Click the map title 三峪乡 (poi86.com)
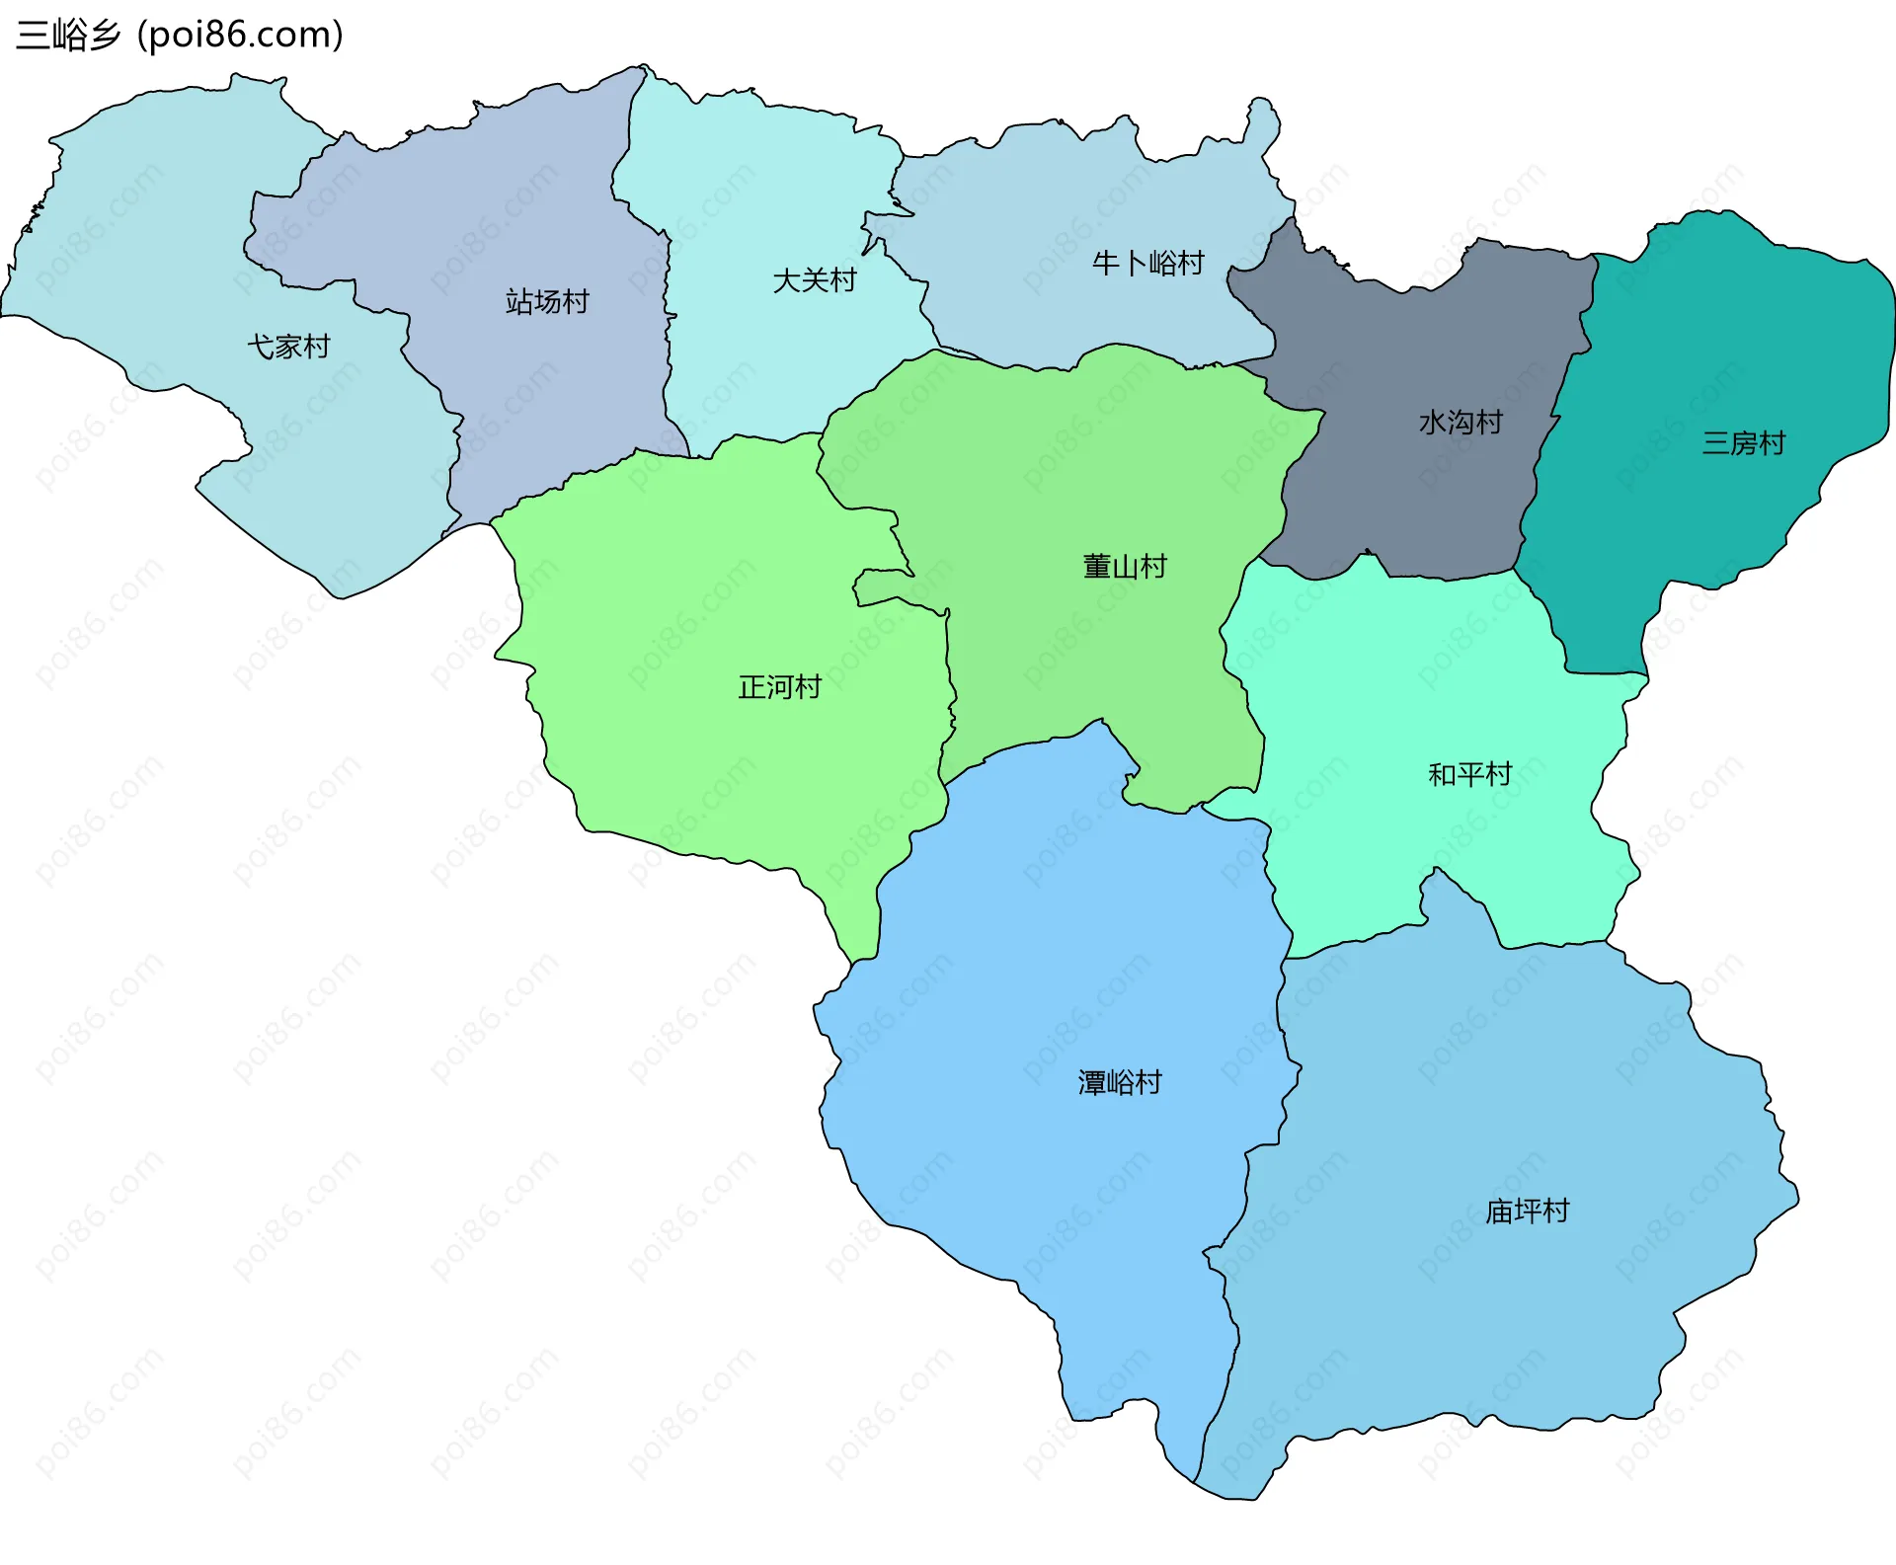click(180, 35)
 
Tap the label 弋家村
click(288, 347)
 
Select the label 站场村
click(547, 301)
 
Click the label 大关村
click(814, 280)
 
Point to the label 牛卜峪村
click(1147, 263)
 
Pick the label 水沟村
click(1460, 423)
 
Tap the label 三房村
click(1743, 442)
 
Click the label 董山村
click(1125, 567)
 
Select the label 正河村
click(779, 687)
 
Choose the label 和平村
click(1469, 774)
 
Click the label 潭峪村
click(1119, 1083)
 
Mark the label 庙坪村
click(1527, 1212)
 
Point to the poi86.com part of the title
click(240, 35)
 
